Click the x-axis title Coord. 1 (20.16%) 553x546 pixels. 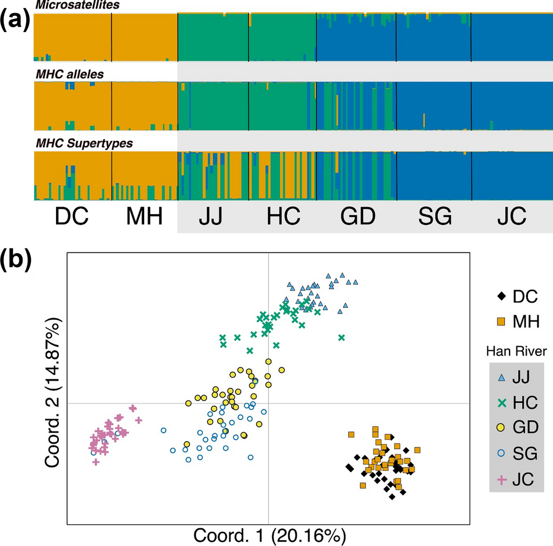[x=269, y=536]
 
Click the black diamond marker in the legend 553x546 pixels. [x=502, y=296]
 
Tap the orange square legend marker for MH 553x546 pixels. [x=502, y=322]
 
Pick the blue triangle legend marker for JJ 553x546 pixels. [x=502, y=377]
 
